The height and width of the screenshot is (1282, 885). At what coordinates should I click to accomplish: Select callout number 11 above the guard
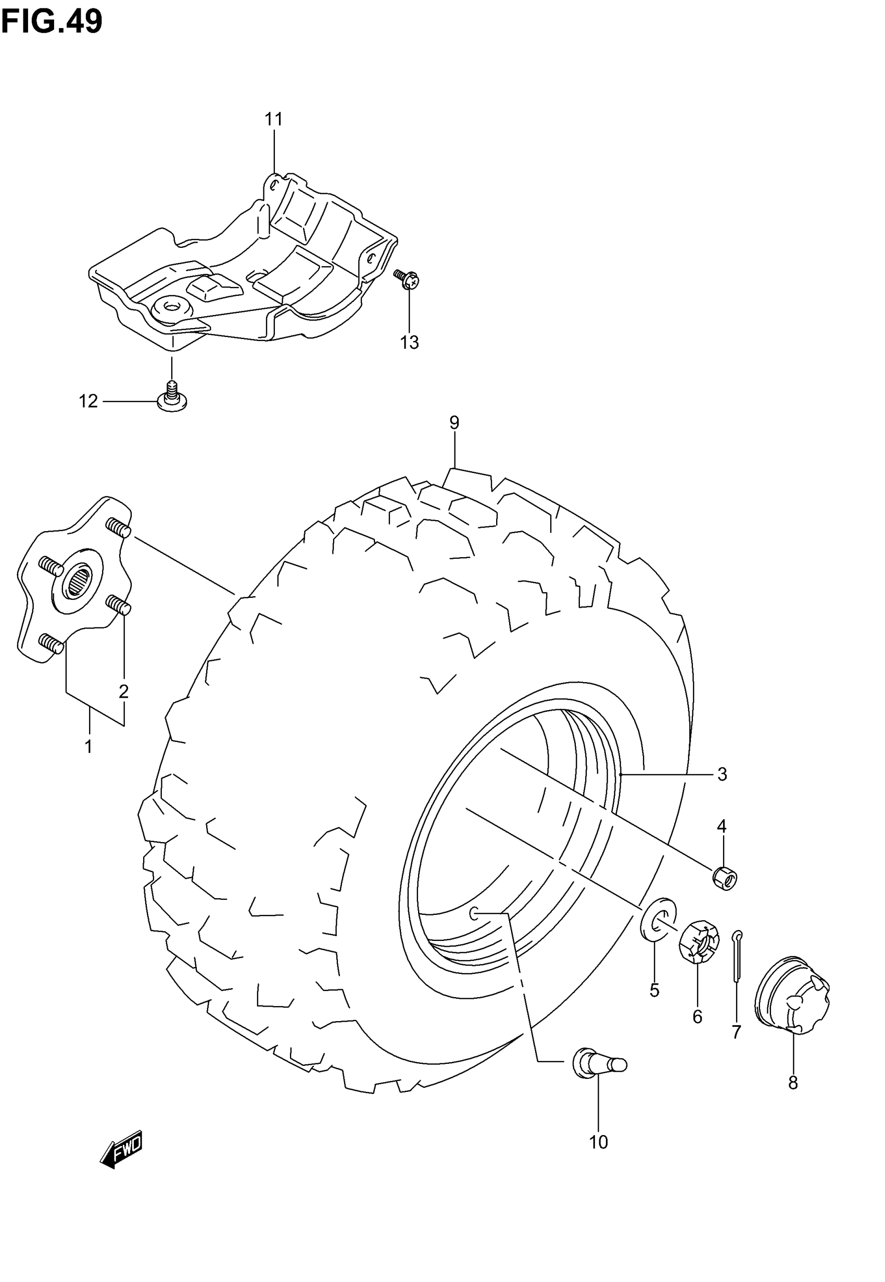click(x=273, y=119)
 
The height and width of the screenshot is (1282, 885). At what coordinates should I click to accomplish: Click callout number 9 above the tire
click(x=454, y=423)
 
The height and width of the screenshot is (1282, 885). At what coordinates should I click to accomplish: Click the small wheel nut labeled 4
click(x=725, y=878)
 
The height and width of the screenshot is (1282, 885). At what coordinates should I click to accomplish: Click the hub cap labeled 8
click(x=792, y=995)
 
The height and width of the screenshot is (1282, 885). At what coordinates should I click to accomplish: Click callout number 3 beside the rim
click(x=722, y=774)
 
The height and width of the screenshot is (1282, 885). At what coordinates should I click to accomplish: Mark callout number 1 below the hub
click(x=88, y=747)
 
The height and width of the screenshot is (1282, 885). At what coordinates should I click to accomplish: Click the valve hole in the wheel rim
click(x=474, y=913)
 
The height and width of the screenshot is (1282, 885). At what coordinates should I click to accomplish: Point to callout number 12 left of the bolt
click(x=88, y=401)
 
